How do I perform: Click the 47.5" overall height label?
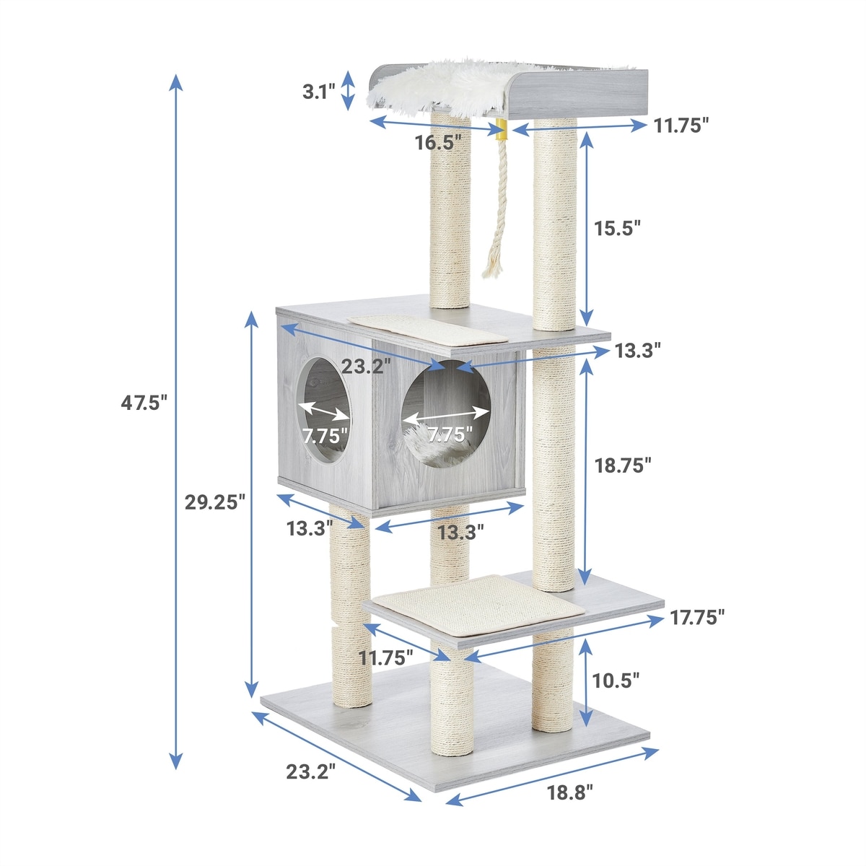pyautogui.click(x=144, y=403)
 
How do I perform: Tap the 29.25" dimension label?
pyautogui.click(x=215, y=502)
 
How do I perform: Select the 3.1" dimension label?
pyautogui.click(x=319, y=92)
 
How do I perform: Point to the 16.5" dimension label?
pyautogui.click(x=438, y=142)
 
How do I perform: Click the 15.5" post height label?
pyautogui.click(x=617, y=228)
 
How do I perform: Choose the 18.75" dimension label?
pyautogui.click(x=623, y=465)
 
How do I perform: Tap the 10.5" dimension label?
pyautogui.click(x=616, y=693)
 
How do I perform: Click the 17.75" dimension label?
pyautogui.click(x=697, y=618)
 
